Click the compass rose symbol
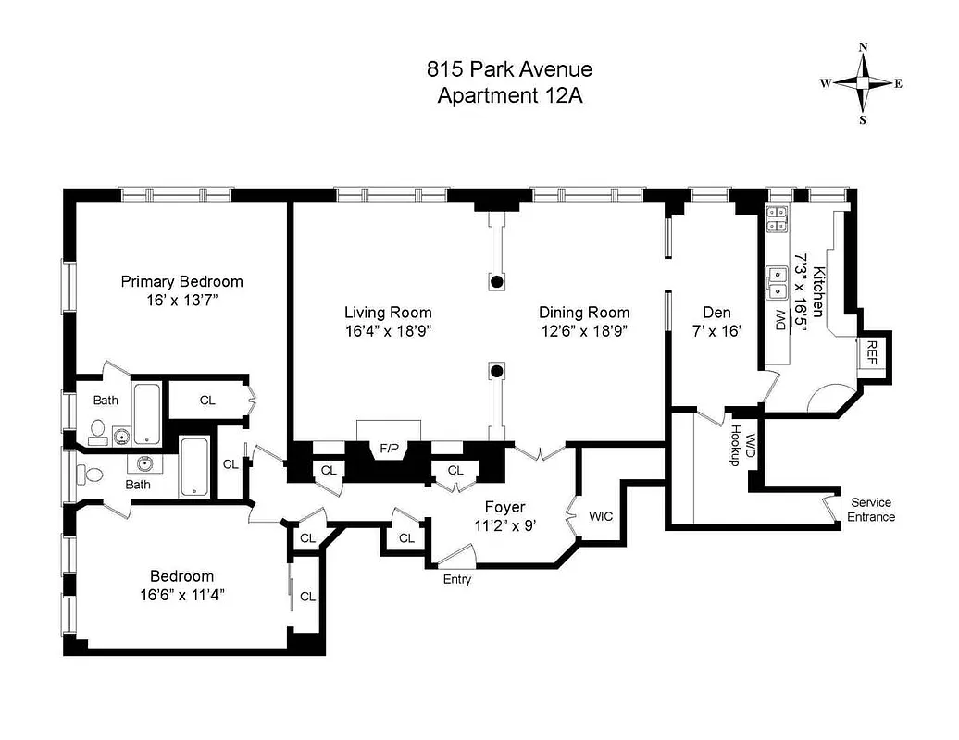point(862,82)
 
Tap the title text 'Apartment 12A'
point(509,94)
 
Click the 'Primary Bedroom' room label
point(182,281)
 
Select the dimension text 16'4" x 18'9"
point(388,330)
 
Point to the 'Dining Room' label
point(584,313)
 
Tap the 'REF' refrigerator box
point(873,350)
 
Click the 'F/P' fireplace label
point(389,449)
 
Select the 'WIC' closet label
point(601,516)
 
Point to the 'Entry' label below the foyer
point(456,580)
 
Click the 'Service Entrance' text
point(871,510)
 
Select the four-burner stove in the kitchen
point(777,218)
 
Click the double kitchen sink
point(776,282)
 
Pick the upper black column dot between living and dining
point(497,281)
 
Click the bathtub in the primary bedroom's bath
point(148,413)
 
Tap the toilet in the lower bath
point(92,474)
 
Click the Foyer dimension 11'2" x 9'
point(505,524)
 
